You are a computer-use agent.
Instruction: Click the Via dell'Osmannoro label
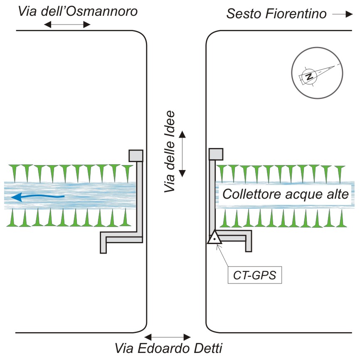78,11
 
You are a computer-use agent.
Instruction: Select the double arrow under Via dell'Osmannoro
67,25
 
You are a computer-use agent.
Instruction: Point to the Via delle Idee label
170,151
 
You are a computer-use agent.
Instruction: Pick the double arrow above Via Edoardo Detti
168,336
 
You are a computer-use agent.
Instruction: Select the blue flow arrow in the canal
37,197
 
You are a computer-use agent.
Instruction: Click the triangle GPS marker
214,238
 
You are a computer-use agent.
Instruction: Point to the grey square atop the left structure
136,155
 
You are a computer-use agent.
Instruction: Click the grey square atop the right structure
216,154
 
